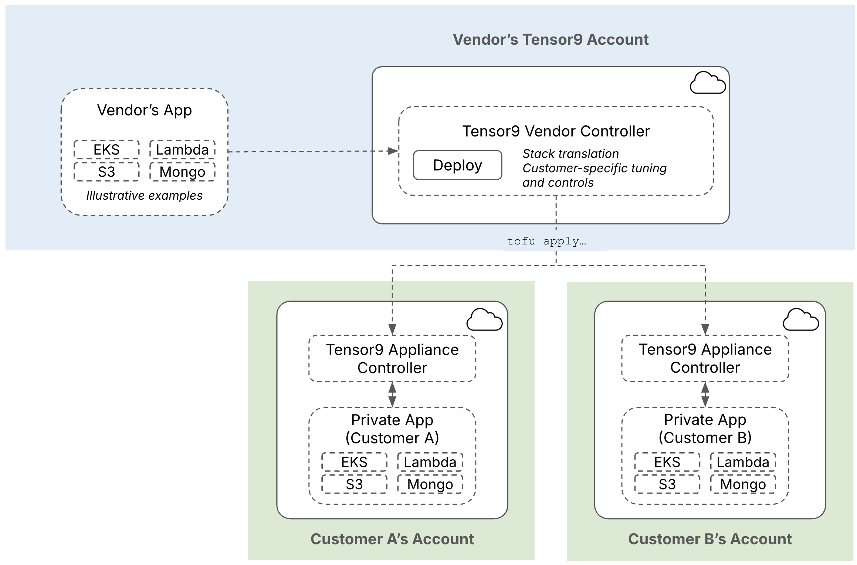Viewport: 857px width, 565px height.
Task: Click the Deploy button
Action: [457, 165]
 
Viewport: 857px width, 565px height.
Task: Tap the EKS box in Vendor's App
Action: [106, 149]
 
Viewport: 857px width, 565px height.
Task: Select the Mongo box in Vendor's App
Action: [182, 172]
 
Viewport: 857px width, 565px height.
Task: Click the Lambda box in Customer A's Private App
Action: [430, 462]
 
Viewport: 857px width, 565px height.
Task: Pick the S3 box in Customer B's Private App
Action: [667, 484]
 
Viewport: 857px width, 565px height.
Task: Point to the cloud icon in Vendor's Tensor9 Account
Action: [708, 83]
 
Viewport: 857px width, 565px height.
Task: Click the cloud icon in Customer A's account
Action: [484, 320]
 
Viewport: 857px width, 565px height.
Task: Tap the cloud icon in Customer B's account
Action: [801, 320]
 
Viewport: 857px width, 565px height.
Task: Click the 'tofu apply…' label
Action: [546, 241]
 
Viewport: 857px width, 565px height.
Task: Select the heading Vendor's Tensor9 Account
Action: [551, 40]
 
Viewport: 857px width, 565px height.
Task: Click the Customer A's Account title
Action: [392, 539]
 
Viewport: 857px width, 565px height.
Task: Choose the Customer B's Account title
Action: [710, 539]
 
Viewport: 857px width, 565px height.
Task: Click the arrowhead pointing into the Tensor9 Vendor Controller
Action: [393, 151]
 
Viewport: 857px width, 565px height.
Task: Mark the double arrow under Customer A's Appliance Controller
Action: [392, 395]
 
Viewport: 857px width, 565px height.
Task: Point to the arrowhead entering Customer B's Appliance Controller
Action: [705, 329]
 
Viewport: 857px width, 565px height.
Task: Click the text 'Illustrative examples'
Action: [144, 195]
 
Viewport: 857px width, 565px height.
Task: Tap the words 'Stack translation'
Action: [570, 153]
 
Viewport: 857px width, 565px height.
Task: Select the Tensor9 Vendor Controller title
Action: [556, 131]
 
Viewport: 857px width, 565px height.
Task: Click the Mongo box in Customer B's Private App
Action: [743, 484]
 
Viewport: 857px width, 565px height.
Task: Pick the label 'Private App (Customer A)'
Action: [392, 429]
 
